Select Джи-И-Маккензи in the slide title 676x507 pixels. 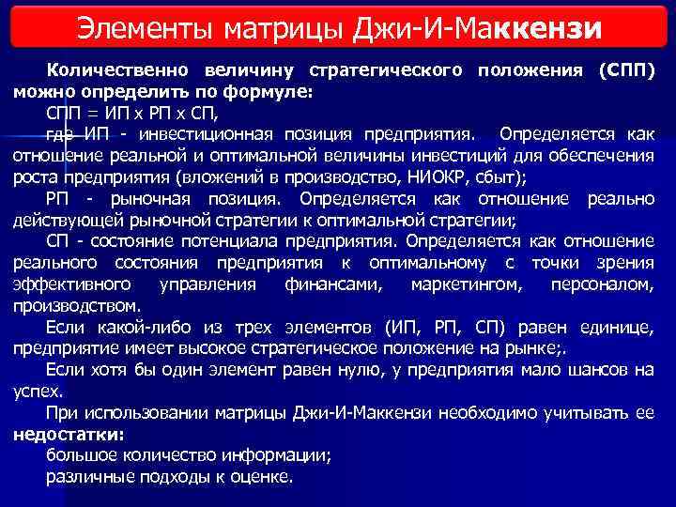click(x=487, y=27)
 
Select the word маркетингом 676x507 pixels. click(x=456, y=284)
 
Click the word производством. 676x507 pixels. click(x=77, y=305)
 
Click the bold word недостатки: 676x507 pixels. click(x=69, y=435)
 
